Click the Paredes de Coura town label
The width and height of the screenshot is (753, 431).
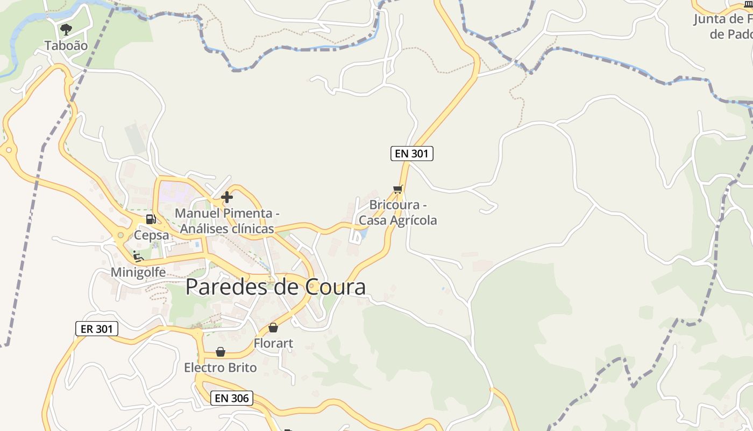[275, 287]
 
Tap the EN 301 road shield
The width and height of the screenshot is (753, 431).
[411, 154]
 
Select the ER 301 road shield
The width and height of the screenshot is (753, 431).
[96, 329]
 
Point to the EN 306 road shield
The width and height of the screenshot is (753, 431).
[231, 398]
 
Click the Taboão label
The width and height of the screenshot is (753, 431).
[66, 46]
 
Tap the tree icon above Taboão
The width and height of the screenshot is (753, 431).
[66, 29]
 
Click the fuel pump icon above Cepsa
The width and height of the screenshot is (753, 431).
[151, 219]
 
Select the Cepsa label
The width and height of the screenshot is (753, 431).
[151, 235]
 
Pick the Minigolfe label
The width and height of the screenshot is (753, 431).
[138, 272]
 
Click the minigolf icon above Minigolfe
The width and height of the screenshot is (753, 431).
[138, 256]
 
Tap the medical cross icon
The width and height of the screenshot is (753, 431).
[227, 197]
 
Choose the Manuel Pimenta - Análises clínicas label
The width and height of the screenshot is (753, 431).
[227, 221]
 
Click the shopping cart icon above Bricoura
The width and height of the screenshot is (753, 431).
[398, 189]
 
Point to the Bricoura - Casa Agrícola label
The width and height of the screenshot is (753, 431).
[398, 213]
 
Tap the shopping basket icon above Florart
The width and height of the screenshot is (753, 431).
[273, 328]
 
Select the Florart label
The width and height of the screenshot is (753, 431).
[273, 343]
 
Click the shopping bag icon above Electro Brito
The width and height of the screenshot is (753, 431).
[221, 352]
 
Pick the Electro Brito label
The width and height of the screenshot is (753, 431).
[221, 368]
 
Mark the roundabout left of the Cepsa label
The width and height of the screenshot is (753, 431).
[120, 235]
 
